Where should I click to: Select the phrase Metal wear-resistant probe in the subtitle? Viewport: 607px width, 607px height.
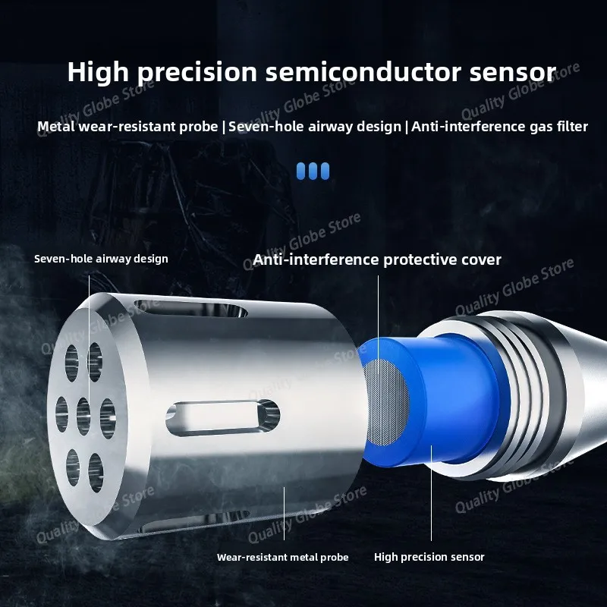127,127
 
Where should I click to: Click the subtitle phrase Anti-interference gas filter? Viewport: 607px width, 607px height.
499,127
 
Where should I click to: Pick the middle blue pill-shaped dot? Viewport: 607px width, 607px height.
313,171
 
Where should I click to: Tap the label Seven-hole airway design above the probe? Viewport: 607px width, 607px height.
101,259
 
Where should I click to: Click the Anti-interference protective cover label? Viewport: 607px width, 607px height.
376,259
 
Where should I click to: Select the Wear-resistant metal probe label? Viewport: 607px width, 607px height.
282,557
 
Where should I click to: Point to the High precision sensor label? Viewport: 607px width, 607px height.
429,557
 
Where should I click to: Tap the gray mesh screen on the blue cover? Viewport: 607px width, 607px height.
387,401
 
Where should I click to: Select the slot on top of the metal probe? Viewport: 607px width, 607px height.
190,309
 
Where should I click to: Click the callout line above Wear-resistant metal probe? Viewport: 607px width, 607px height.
284,514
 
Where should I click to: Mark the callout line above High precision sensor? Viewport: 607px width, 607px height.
431,492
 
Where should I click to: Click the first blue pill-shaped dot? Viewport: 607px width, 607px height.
300,171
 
